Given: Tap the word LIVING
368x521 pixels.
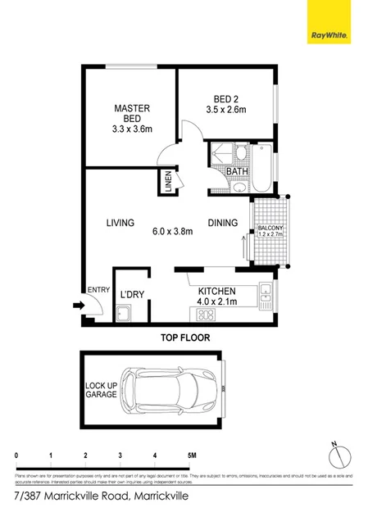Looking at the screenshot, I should pos(120,223).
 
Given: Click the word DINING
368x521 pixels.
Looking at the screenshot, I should pos(222,223).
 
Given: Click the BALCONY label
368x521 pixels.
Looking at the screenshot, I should pos(270,228).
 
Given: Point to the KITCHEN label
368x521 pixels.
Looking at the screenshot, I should pos(217,292).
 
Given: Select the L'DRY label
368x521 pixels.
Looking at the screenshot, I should pos(131,295).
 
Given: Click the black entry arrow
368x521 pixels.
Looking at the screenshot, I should pos(78,306).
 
